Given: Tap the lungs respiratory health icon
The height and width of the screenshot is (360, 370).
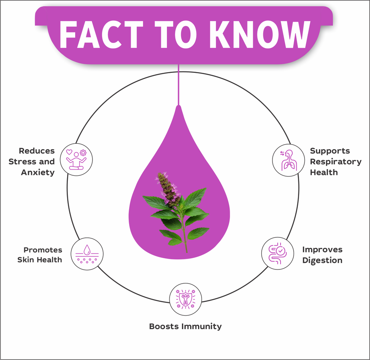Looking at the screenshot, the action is pos(288,160).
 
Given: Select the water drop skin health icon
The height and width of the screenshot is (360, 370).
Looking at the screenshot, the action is pos(87,253).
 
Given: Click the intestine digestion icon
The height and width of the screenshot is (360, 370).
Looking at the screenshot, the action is pos(277,252).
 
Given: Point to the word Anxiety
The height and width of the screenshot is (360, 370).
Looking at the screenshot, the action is pos(38,172).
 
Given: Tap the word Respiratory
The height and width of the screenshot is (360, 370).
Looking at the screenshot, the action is pos(336,161).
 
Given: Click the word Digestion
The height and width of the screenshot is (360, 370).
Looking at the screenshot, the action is pos(322,260).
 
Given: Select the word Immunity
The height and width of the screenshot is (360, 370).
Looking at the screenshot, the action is pos(202,326).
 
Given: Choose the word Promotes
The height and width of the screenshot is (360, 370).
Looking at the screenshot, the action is pos(42,249).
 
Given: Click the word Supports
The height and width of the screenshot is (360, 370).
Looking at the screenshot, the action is pos(330,151).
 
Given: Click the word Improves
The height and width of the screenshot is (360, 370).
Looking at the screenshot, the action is pos(322,249).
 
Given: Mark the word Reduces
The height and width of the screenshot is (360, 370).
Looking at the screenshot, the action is pos(37,151).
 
